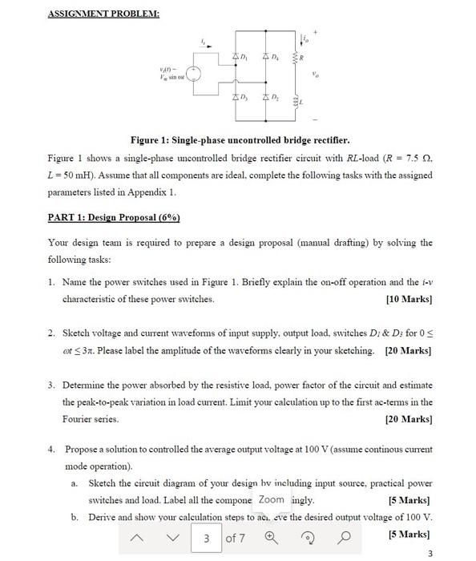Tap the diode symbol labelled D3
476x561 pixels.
pos(236,97)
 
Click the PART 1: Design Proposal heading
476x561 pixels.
pos(114,218)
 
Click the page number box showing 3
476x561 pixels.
pos(205,538)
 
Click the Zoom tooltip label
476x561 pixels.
pos(271,499)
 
